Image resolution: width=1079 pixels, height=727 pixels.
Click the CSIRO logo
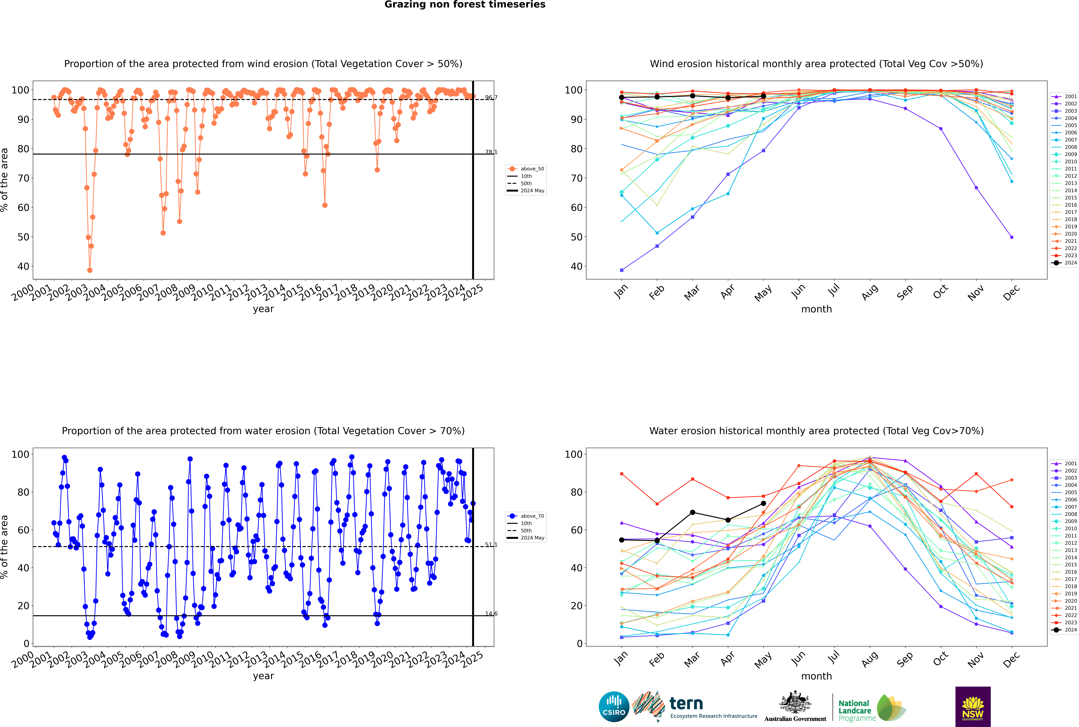[614, 707]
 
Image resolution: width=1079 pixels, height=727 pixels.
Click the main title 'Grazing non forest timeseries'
[465, 5]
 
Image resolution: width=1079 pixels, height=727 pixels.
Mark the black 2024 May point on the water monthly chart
[764, 504]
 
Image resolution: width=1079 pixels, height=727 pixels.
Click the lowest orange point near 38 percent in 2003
[90, 270]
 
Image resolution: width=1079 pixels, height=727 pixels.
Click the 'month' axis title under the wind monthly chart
[816, 309]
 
